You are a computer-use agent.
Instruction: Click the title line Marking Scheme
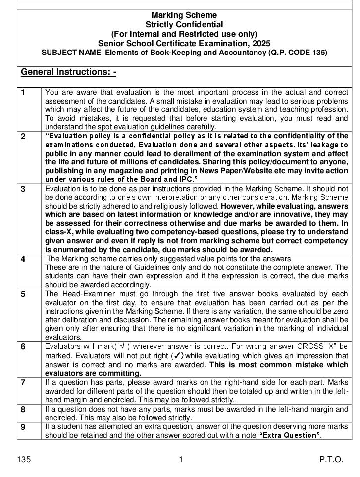[184, 15]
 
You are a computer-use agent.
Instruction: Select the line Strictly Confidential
[184, 24]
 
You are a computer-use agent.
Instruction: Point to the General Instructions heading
[68, 72]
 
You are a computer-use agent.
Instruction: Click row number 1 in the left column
[23, 93]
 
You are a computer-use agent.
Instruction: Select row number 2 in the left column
[23, 136]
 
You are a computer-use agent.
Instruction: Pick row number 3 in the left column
[23, 189]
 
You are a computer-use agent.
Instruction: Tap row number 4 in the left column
[23, 259]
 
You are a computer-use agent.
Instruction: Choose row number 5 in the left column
[23, 294]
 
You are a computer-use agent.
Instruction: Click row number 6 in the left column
[23, 346]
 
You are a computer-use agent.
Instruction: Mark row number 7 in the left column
[23, 382]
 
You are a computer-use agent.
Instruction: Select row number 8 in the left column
[23, 409]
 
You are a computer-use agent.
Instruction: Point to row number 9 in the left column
[23, 426]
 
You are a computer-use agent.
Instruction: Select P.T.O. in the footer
[331, 460]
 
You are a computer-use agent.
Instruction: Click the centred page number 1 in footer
[181, 460]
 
